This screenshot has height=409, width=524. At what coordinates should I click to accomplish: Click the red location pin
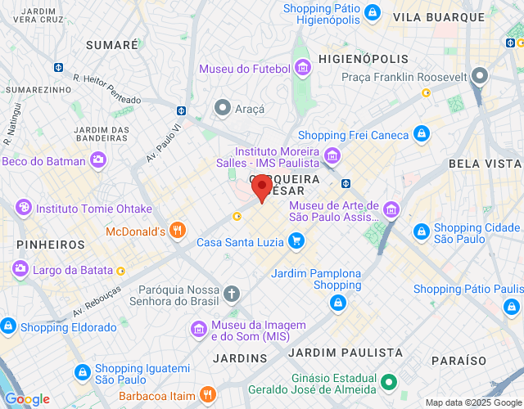click(261, 188)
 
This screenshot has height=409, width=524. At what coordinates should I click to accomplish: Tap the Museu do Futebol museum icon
click(303, 67)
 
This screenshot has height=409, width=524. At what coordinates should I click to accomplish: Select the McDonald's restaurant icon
click(177, 231)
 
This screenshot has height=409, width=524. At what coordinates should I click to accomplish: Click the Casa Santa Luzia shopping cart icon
click(296, 241)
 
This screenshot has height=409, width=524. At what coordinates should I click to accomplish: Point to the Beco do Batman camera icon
click(98, 160)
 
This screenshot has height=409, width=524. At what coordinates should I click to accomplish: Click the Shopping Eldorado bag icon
click(8, 326)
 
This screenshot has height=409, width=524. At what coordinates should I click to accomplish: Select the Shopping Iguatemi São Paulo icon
click(82, 372)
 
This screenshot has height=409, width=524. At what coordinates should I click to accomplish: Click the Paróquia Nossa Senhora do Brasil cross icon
click(233, 293)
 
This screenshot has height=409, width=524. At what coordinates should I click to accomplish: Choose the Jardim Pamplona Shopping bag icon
click(337, 303)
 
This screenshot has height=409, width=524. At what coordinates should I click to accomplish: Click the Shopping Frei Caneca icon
click(421, 134)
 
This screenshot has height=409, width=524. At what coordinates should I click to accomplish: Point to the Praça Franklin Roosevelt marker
click(480, 77)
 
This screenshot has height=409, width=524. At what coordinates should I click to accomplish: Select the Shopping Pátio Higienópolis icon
click(373, 13)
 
